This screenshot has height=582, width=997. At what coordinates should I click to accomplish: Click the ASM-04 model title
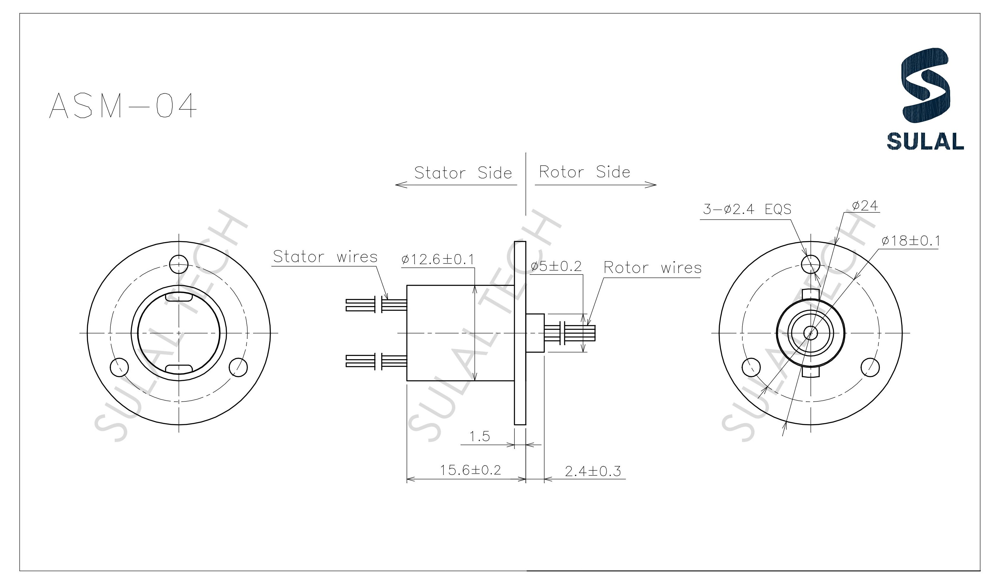[123, 106]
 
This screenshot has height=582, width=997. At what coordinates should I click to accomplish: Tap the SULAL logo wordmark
[925, 142]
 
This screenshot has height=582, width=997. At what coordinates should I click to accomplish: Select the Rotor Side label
[584, 172]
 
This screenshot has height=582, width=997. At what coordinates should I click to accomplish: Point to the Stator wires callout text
[325, 257]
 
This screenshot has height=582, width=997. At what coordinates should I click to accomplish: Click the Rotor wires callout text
[652, 268]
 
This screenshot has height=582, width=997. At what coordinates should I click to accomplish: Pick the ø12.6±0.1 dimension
[437, 259]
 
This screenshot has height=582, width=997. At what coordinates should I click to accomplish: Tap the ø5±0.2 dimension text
[556, 266]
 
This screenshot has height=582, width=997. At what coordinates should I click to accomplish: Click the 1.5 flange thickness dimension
[479, 436]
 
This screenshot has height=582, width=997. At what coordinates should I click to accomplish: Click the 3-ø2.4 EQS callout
[747, 209]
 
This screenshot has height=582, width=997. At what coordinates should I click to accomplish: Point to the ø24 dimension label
[865, 205]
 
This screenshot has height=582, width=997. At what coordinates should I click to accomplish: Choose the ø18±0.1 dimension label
[910, 241]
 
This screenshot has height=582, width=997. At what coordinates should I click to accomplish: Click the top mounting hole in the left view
[179, 264]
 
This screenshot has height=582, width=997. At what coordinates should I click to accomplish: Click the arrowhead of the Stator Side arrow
[400, 185]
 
